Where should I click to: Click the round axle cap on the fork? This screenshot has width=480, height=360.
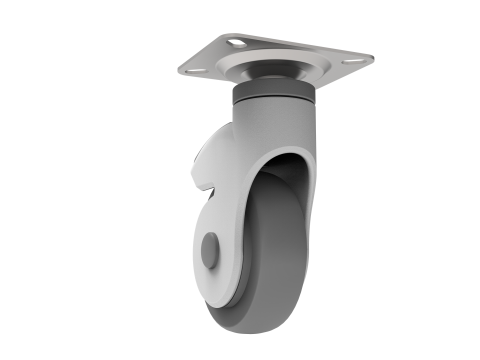[209, 250]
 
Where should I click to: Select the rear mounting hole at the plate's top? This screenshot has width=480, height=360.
[236, 42]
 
